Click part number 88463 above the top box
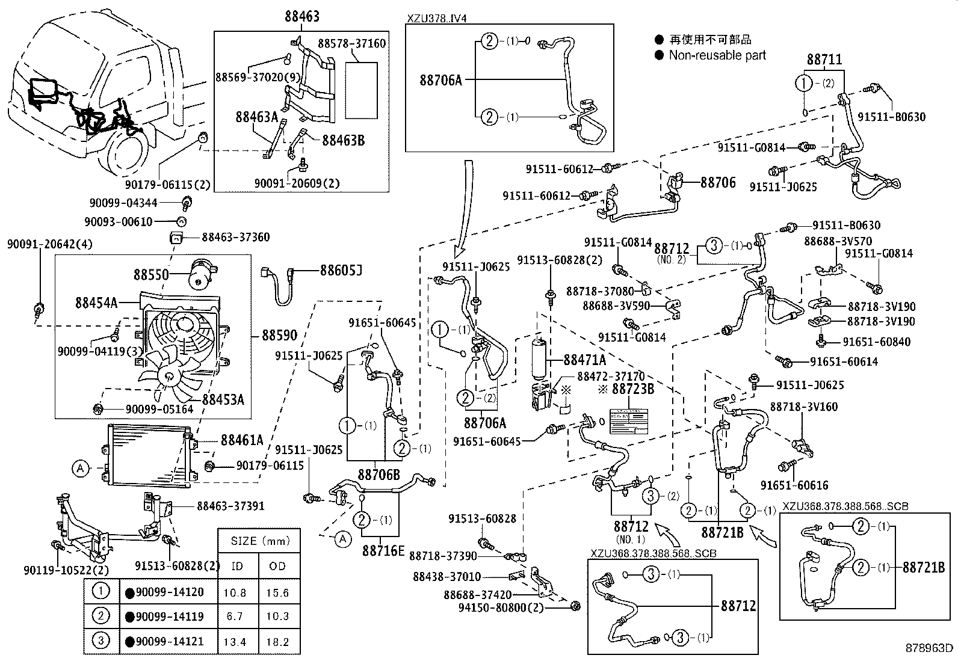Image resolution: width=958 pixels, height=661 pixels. click(x=302, y=16)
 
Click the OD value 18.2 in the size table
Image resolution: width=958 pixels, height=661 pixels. click(x=277, y=642)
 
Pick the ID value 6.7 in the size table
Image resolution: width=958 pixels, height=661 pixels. click(x=235, y=616)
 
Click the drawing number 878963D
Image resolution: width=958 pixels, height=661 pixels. click(x=929, y=648)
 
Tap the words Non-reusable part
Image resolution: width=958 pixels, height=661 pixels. click(x=717, y=55)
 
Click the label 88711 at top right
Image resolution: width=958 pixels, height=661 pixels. click(x=824, y=59)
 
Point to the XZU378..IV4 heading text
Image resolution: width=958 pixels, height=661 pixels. click(x=436, y=18)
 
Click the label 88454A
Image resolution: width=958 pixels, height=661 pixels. click(x=96, y=302)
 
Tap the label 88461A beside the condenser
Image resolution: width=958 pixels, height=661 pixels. click(x=242, y=440)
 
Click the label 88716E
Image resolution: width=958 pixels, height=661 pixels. click(x=383, y=550)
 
